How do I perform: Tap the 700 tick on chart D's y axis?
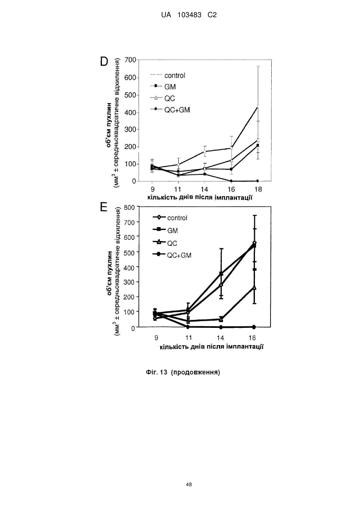(x=130, y=60)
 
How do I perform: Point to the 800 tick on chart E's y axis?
(x=129, y=208)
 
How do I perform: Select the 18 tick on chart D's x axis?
(x=258, y=189)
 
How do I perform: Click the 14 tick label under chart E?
(x=220, y=338)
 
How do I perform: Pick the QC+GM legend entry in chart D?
(x=170, y=110)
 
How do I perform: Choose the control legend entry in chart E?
(x=170, y=218)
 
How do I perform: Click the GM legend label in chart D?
(x=170, y=87)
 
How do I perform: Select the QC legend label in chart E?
(x=172, y=244)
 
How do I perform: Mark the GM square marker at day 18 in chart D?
(x=258, y=145)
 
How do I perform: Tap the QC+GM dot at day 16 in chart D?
(x=231, y=181)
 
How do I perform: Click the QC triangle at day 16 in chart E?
(x=255, y=288)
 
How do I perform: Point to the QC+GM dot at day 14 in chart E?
(x=221, y=327)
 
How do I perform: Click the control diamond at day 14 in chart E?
(x=221, y=285)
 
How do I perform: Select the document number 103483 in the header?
(x=189, y=15)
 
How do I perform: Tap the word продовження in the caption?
(x=195, y=372)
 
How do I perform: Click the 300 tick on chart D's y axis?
(x=130, y=130)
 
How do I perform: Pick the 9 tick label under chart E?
(x=156, y=338)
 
